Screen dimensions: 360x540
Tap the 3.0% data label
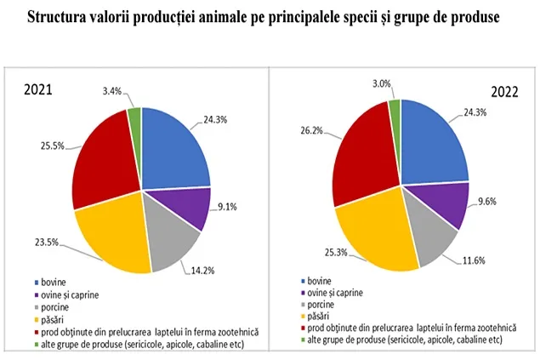pos(381,84)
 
